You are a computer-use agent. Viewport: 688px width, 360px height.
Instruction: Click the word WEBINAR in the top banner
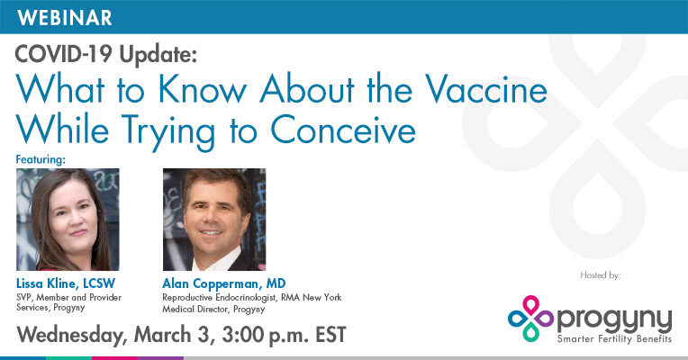[65, 17]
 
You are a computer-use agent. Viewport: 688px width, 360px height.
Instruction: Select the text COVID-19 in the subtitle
[65, 54]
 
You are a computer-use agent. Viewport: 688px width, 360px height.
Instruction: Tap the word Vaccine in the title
[485, 89]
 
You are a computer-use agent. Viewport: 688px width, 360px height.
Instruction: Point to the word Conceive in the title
[343, 130]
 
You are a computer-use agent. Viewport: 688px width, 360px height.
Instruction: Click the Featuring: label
[41, 159]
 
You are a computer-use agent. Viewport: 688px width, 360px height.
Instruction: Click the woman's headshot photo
[68, 220]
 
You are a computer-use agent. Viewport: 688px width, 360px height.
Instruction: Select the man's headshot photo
[214, 220]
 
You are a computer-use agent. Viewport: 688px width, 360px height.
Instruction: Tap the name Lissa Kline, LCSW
[66, 283]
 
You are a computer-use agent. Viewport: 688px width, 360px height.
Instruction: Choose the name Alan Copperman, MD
[223, 283]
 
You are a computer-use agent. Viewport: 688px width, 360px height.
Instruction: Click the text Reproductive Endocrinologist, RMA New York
[252, 298]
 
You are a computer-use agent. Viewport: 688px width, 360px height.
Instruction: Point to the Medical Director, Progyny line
[213, 309]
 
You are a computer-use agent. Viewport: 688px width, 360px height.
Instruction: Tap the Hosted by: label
[601, 275]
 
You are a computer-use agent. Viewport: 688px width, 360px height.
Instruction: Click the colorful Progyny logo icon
[530, 319]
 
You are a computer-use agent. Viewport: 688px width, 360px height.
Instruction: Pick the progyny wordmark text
[614, 319]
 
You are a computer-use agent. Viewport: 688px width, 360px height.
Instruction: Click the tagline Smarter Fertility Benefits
[614, 339]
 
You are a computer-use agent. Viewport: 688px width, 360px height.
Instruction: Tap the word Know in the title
[203, 89]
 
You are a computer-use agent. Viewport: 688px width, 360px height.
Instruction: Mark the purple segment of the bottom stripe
[160, 358]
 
